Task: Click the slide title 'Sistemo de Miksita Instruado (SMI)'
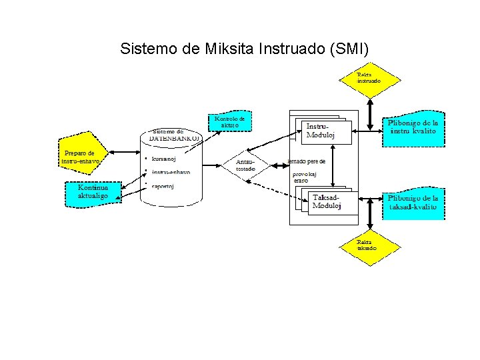tap(244, 49)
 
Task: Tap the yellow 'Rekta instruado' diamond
tap(369, 79)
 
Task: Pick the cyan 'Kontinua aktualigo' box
tap(93, 193)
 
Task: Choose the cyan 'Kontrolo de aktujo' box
tap(230, 122)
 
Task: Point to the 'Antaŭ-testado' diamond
tap(245, 166)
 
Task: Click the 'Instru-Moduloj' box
tap(321, 131)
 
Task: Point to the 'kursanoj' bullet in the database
tap(164, 159)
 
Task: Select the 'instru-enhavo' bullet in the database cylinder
tap(170, 172)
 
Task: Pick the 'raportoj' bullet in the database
tap(164, 186)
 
